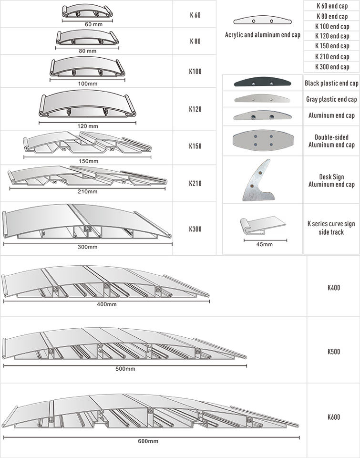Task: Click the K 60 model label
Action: point(195,14)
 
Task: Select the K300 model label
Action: point(195,229)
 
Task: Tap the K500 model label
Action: point(334,352)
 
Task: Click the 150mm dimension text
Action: point(87,160)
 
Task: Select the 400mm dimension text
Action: point(106,304)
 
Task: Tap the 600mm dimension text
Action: point(148,441)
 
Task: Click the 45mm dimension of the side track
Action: point(264,244)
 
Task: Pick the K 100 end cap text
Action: point(332,26)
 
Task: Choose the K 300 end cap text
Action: point(332,67)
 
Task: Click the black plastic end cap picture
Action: point(262,83)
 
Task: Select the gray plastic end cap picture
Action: point(262,99)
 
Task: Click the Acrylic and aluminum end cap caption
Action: point(262,35)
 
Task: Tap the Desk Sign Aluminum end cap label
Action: point(331,181)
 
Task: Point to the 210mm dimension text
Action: point(87,192)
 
